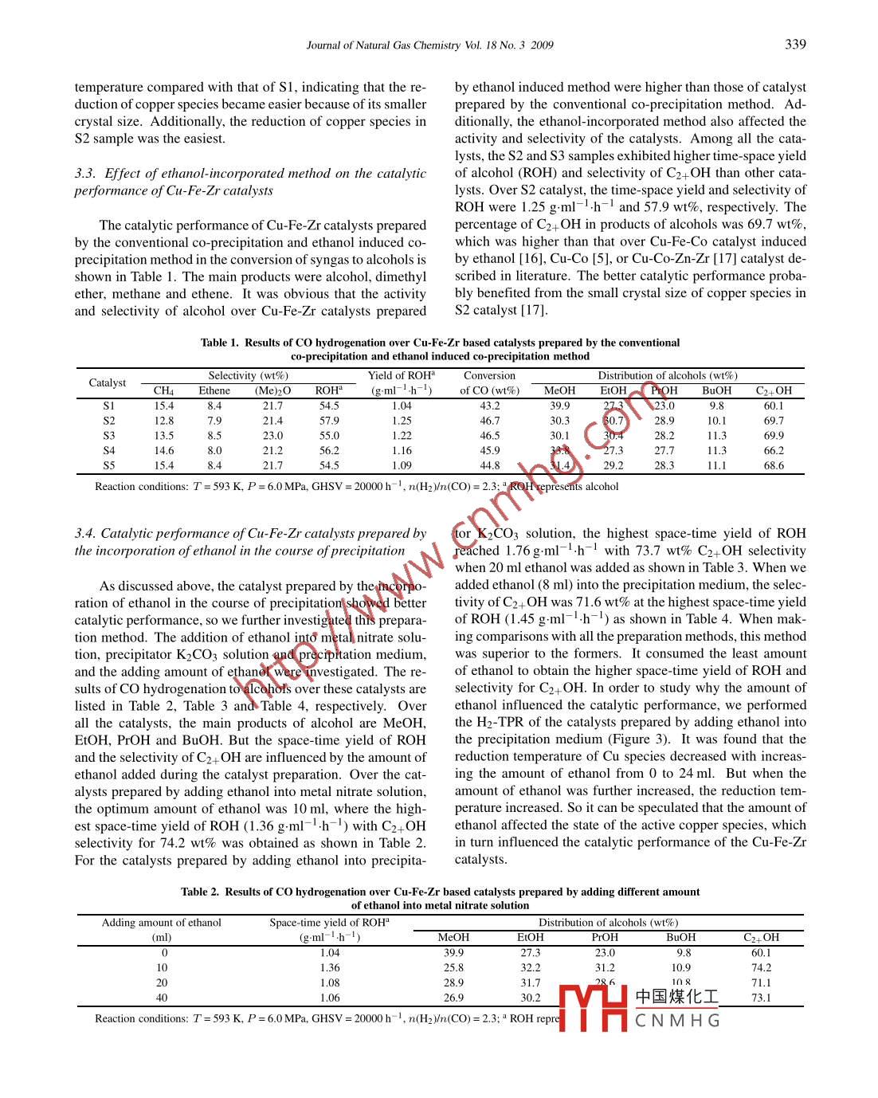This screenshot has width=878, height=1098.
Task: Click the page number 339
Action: (x=795, y=45)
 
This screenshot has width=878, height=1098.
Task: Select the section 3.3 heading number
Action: (x=85, y=174)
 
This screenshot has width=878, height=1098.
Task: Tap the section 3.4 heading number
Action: (x=85, y=534)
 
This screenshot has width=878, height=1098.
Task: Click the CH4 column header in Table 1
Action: (x=163, y=390)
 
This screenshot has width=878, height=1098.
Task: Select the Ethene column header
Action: (x=214, y=390)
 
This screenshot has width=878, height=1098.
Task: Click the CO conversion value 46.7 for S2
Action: (x=489, y=421)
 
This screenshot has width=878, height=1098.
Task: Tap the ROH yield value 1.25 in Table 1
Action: (x=402, y=421)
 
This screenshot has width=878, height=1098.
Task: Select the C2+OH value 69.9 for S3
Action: (x=774, y=436)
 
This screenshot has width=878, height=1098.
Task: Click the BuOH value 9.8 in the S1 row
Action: (x=716, y=406)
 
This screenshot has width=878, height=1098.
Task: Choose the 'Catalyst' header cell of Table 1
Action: (x=108, y=383)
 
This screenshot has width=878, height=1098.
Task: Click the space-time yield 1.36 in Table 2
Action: (x=329, y=968)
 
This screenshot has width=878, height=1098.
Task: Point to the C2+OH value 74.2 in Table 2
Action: (x=761, y=968)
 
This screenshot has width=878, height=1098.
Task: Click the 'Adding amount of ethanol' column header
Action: (x=161, y=923)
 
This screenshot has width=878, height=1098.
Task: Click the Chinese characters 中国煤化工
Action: (x=677, y=997)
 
